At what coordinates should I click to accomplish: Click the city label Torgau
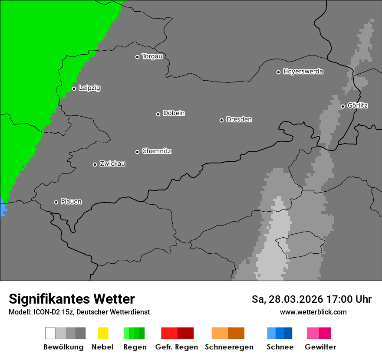pos(152,56)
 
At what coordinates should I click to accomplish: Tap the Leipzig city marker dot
pos(74,88)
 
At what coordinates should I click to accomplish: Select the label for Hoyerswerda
pos(303,72)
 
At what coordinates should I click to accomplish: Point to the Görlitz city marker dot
pos(342,106)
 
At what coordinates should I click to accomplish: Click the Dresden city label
pos(239,119)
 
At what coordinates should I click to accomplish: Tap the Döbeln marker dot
pos(158,114)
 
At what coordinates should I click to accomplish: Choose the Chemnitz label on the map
pos(156,151)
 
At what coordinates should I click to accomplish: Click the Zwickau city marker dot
pos(95,164)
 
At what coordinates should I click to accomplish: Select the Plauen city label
pos(71,202)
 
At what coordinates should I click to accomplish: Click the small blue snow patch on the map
pos(3,207)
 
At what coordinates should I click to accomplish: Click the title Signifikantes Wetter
pos(72,299)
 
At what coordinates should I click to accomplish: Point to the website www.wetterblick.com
pos(313,312)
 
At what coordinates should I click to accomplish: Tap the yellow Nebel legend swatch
pos(103,333)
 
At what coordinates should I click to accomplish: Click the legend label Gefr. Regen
pos(177,347)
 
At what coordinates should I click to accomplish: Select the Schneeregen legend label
pos(229,347)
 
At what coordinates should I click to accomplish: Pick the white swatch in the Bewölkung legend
pos(50,333)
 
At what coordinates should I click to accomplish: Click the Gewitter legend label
pos(320,347)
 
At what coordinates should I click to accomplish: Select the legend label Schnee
pos(280,347)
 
